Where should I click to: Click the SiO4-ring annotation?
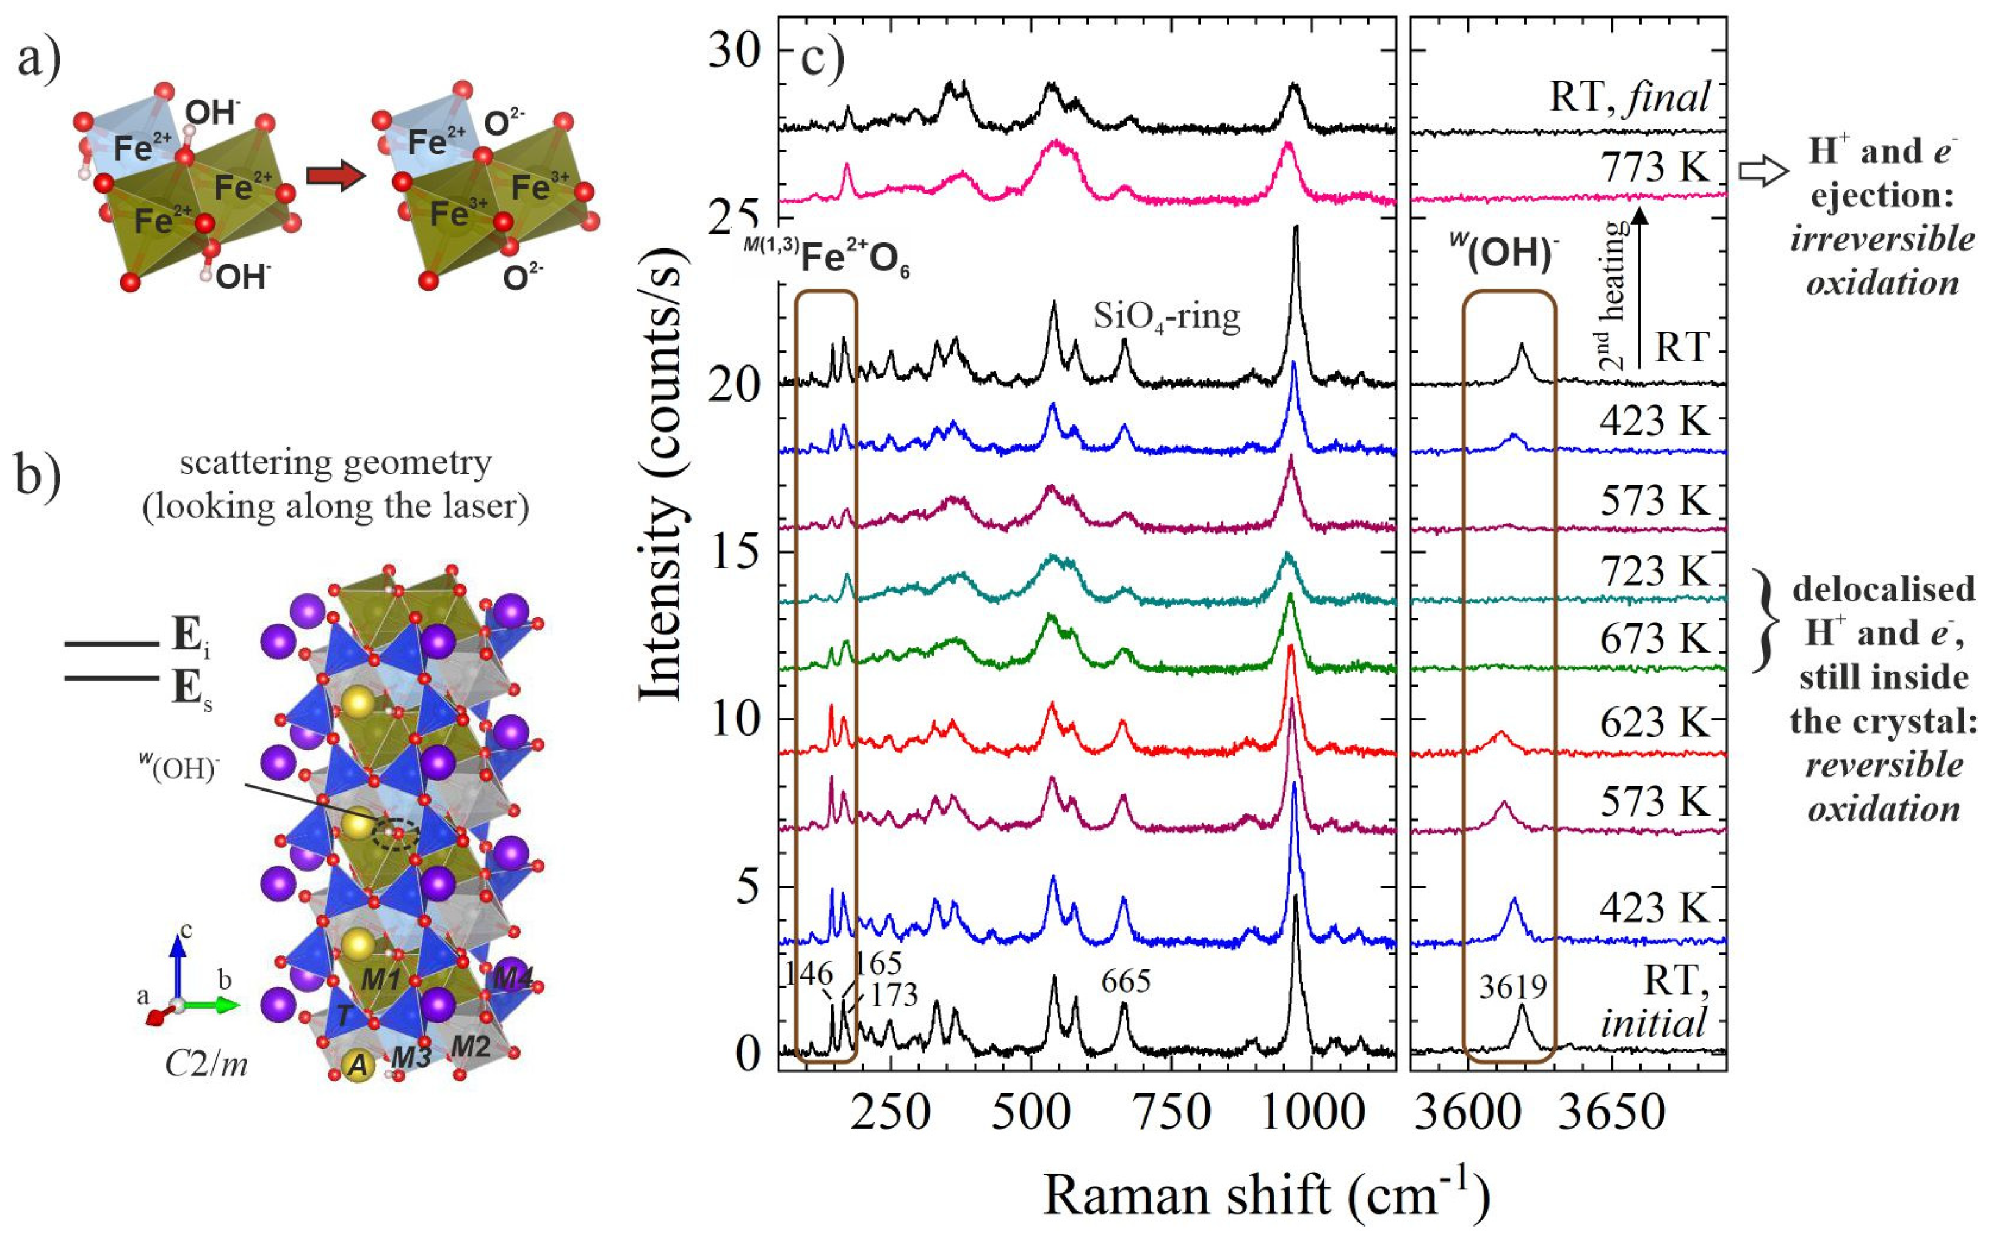[x=1166, y=316]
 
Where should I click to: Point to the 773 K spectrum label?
[x=1654, y=169]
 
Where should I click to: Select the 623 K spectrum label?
[x=1654, y=723]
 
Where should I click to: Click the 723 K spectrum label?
[x=1654, y=571]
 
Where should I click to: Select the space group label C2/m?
[x=206, y=1065]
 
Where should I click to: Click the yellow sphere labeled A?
[x=356, y=1065]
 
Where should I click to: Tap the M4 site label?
[x=513, y=979]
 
